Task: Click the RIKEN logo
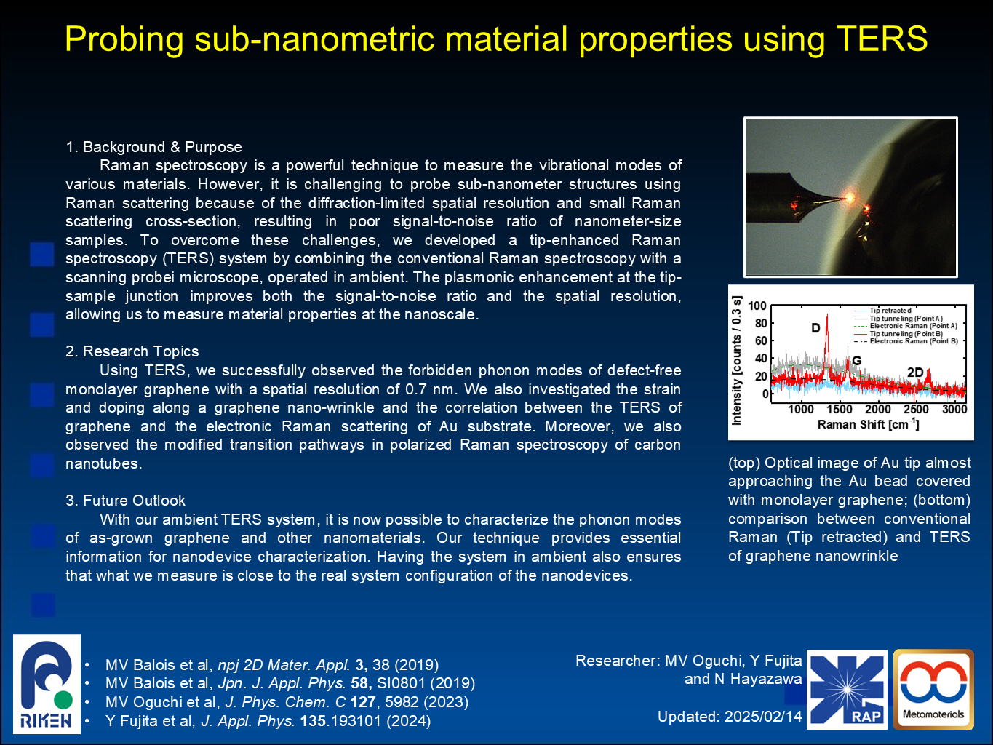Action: coord(47,684)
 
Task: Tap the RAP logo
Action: coord(847,690)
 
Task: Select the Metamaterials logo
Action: coord(933,690)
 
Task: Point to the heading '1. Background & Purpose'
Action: coord(153,147)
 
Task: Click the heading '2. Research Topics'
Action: coord(132,351)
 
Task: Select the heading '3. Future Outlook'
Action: coord(125,501)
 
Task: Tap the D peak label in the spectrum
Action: coord(815,328)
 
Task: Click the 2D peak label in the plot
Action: coord(914,372)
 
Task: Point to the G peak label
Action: coord(857,361)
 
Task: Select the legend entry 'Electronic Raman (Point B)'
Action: coord(906,341)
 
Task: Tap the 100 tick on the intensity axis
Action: coord(757,306)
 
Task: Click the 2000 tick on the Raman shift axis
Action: coord(877,409)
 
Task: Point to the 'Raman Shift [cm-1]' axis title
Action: coord(868,424)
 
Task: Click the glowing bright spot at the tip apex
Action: coord(850,197)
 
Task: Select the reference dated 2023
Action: coord(287,702)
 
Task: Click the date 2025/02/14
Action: coord(763,717)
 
